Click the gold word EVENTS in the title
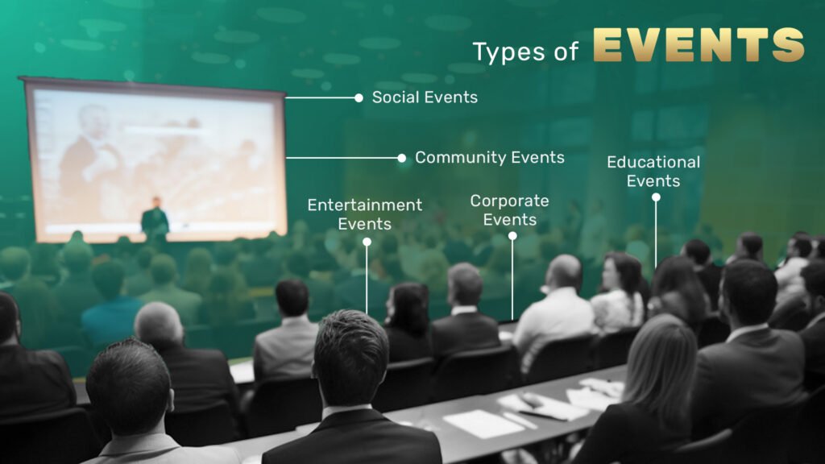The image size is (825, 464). click(x=699, y=45)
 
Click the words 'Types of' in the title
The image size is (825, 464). click(x=525, y=52)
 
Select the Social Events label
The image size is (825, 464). click(x=425, y=97)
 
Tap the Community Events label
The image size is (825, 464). click(x=489, y=157)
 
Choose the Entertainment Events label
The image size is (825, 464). click(x=365, y=214)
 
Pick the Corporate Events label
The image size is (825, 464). click(x=509, y=210)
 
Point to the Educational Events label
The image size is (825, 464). click(x=653, y=172)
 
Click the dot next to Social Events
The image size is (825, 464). click(x=359, y=97)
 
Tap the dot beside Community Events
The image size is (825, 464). click(x=402, y=158)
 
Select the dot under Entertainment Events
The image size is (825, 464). click(x=367, y=242)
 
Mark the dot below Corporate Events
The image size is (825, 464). click(x=512, y=236)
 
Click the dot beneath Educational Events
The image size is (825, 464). click(x=656, y=197)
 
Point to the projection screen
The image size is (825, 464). click(x=154, y=160)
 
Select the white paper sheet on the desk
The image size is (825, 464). click(x=483, y=423)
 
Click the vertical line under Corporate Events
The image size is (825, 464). click(x=512, y=280)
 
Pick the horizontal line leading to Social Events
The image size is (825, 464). click(x=320, y=97)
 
